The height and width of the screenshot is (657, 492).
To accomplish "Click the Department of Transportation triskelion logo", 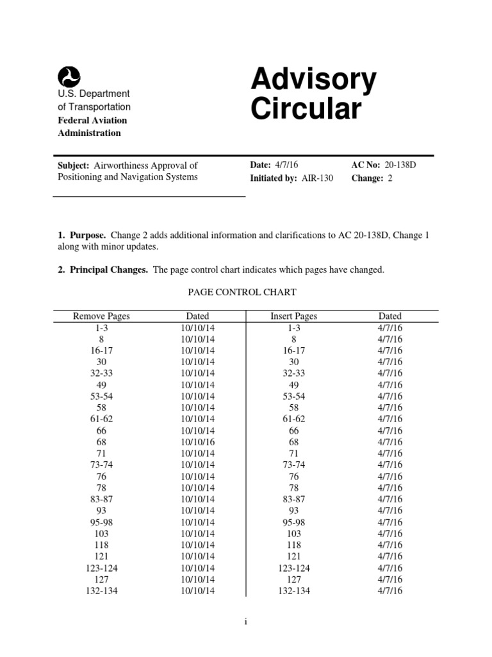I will [x=69, y=77].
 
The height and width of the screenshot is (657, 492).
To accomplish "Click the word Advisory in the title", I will [x=313, y=80].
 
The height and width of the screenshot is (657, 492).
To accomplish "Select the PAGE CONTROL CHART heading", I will [x=242, y=292].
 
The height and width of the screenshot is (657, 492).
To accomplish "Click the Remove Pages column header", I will [x=101, y=316].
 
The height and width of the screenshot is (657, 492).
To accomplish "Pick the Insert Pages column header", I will [x=294, y=316].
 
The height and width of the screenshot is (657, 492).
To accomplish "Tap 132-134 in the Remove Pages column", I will [x=101, y=590].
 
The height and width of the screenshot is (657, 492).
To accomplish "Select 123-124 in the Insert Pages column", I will [x=294, y=568].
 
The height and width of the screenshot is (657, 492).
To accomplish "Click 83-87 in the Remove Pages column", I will [x=101, y=499].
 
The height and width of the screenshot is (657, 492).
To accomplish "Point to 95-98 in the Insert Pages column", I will [x=294, y=522].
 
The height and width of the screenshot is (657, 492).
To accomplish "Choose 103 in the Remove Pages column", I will [x=101, y=533].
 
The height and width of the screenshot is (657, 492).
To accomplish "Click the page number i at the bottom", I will [x=246, y=621].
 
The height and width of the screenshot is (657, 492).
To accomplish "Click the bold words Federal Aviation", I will [x=93, y=120].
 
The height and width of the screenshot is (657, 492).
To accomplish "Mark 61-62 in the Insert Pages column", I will [x=294, y=419].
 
